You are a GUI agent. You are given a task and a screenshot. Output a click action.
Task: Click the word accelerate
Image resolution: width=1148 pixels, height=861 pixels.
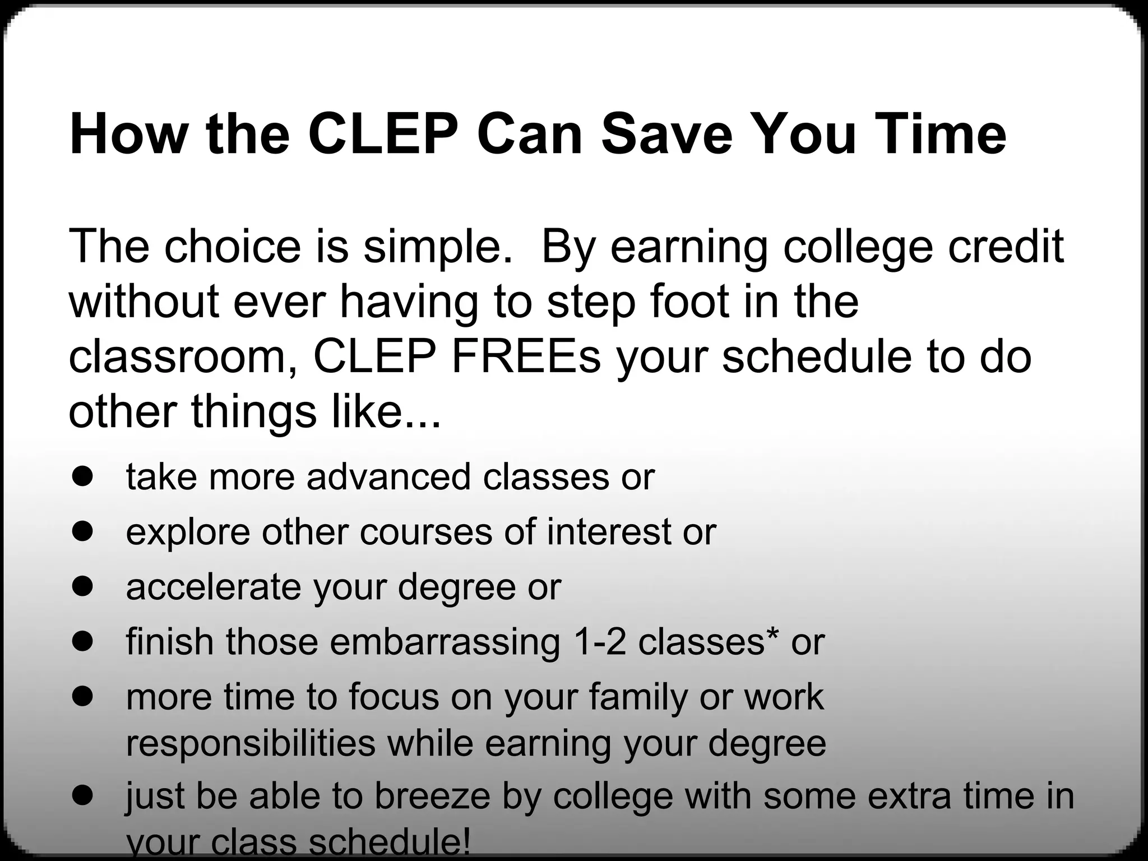[214, 587]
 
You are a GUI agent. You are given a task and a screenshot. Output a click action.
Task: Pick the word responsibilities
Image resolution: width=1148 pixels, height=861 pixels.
[251, 743]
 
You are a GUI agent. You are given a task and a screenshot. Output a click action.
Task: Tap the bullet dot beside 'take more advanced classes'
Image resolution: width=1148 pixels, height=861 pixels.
[82, 476]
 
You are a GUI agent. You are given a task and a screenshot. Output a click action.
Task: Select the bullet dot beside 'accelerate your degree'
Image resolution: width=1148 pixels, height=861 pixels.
[82, 586]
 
